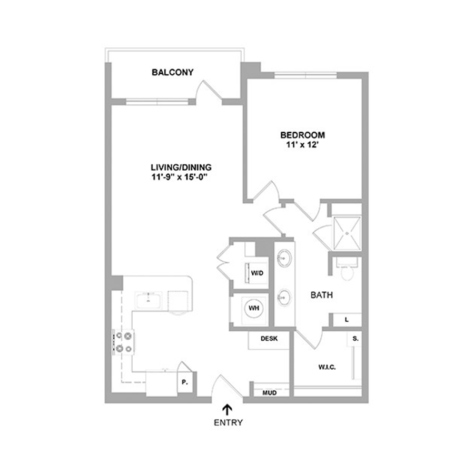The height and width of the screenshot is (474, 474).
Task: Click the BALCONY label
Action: tap(172, 73)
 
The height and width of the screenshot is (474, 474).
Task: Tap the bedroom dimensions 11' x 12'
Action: tap(303, 145)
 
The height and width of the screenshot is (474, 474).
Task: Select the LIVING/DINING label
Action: tap(181, 167)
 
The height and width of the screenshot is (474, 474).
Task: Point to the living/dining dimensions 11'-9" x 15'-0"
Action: tap(181, 177)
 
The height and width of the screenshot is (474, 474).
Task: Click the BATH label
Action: tap(322, 295)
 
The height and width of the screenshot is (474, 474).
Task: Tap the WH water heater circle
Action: tap(254, 308)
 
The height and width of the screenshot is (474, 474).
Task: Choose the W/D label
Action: tap(257, 273)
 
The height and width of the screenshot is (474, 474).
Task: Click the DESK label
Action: tap(269, 339)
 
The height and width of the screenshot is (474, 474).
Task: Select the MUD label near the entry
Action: tap(269, 393)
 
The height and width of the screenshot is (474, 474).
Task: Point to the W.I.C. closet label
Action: tap(327, 367)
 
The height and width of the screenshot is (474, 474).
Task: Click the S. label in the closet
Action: tap(355, 339)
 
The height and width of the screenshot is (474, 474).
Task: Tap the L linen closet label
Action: tap(347, 320)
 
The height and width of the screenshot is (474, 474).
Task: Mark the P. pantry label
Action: tap(185, 382)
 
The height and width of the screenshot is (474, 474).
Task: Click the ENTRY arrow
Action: tap(228, 410)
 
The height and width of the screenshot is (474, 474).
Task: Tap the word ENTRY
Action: tap(228, 422)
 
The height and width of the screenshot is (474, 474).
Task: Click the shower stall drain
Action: tap(348, 233)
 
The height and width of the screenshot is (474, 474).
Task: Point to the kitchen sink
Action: tap(148, 301)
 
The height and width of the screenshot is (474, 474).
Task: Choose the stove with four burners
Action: tap(124, 342)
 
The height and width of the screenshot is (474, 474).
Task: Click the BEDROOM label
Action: tap(303, 135)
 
